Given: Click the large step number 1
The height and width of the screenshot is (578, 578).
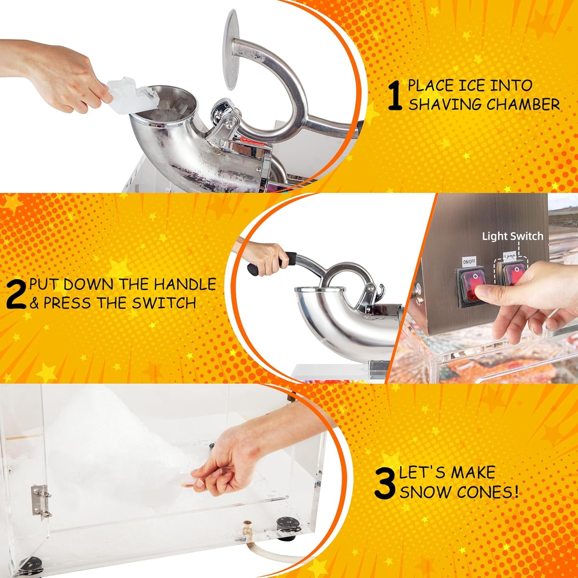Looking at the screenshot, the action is click(x=395, y=95).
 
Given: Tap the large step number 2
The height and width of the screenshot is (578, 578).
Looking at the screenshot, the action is click(x=16, y=294).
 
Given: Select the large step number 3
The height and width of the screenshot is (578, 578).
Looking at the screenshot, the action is click(x=385, y=483).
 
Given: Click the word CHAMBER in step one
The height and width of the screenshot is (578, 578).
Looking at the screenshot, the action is click(x=523, y=104).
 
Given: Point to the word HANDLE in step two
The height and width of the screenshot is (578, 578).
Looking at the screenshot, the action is click(x=185, y=284).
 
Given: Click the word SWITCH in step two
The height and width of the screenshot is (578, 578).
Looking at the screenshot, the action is click(x=164, y=303).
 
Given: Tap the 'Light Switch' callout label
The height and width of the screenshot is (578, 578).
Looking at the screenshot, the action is click(x=512, y=236).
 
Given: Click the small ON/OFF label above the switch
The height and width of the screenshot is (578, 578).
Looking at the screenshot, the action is click(x=469, y=261).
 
